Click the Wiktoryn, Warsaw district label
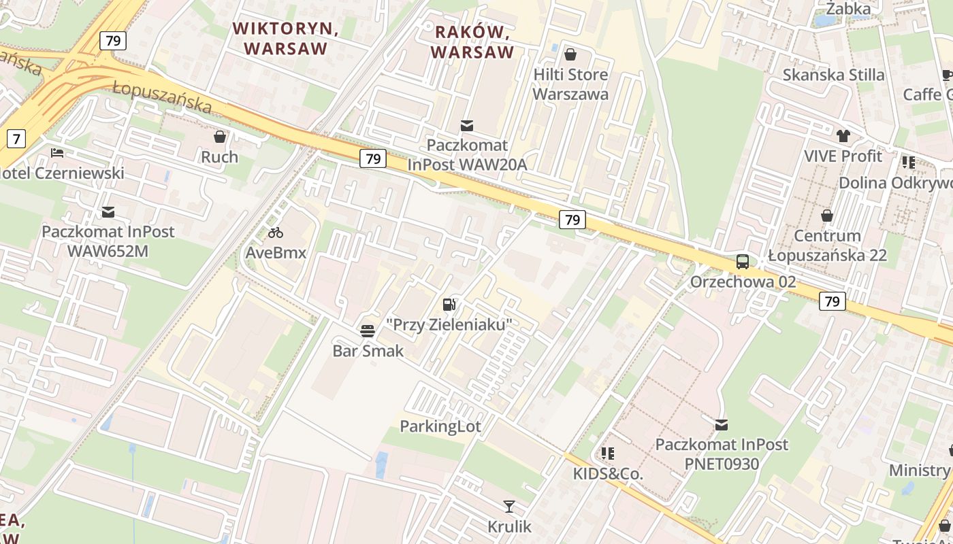pyautogui.click(x=285, y=39)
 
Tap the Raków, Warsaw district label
pyautogui.click(x=472, y=41)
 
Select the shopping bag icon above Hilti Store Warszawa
pyautogui.click(x=570, y=54)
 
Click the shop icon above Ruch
pyautogui.click(x=219, y=137)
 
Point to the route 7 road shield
pyautogui.click(x=15, y=139)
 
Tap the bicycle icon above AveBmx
pyautogui.click(x=276, y=233)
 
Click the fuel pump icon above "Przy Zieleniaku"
pyautogui.click(x=449, y=304)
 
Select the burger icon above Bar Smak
pyautogui.click(x=368, y=330)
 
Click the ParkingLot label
pyautogui.click(x=440, y=426)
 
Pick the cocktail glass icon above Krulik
pyautogui.click(x=509, y=506)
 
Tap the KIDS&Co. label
pyautogui.click(x=608, y=473)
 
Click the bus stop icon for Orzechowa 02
pyautogui.click(x=743, y=261)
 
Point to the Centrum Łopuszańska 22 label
pyautogui.click(x=827, y=245)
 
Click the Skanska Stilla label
pyautogui.click(x=833, y=75)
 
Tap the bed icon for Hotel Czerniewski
pyautogui.click(x=57, y=153)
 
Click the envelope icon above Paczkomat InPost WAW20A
pyautogui.click(x=467, y=125)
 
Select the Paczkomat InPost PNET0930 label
pyautogui.click(x=722, y=454)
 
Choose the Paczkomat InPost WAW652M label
pyautogui.click(x=108, y=241)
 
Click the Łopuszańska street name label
pyautogui.click(x=163, y=97)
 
